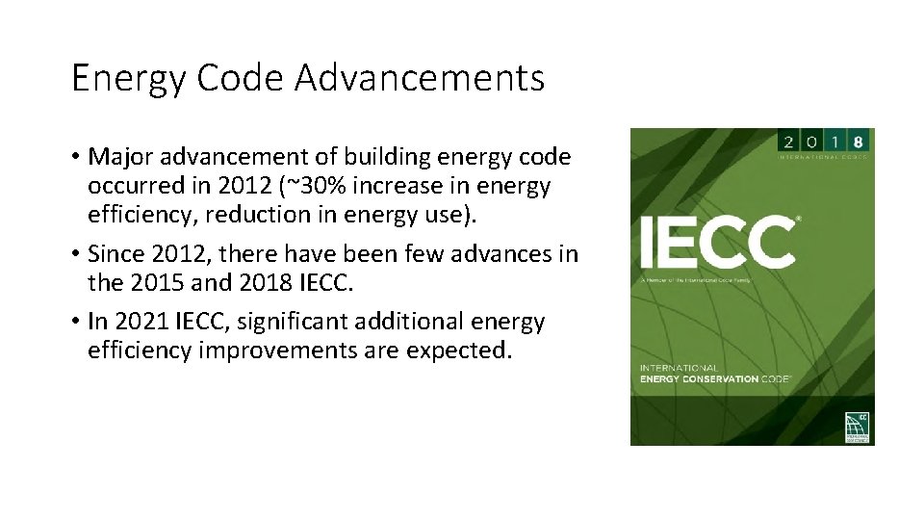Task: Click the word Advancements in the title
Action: (x=419, y=78)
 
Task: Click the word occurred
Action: (x=134, y=186)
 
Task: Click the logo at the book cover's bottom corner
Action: (x=858, y=426)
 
